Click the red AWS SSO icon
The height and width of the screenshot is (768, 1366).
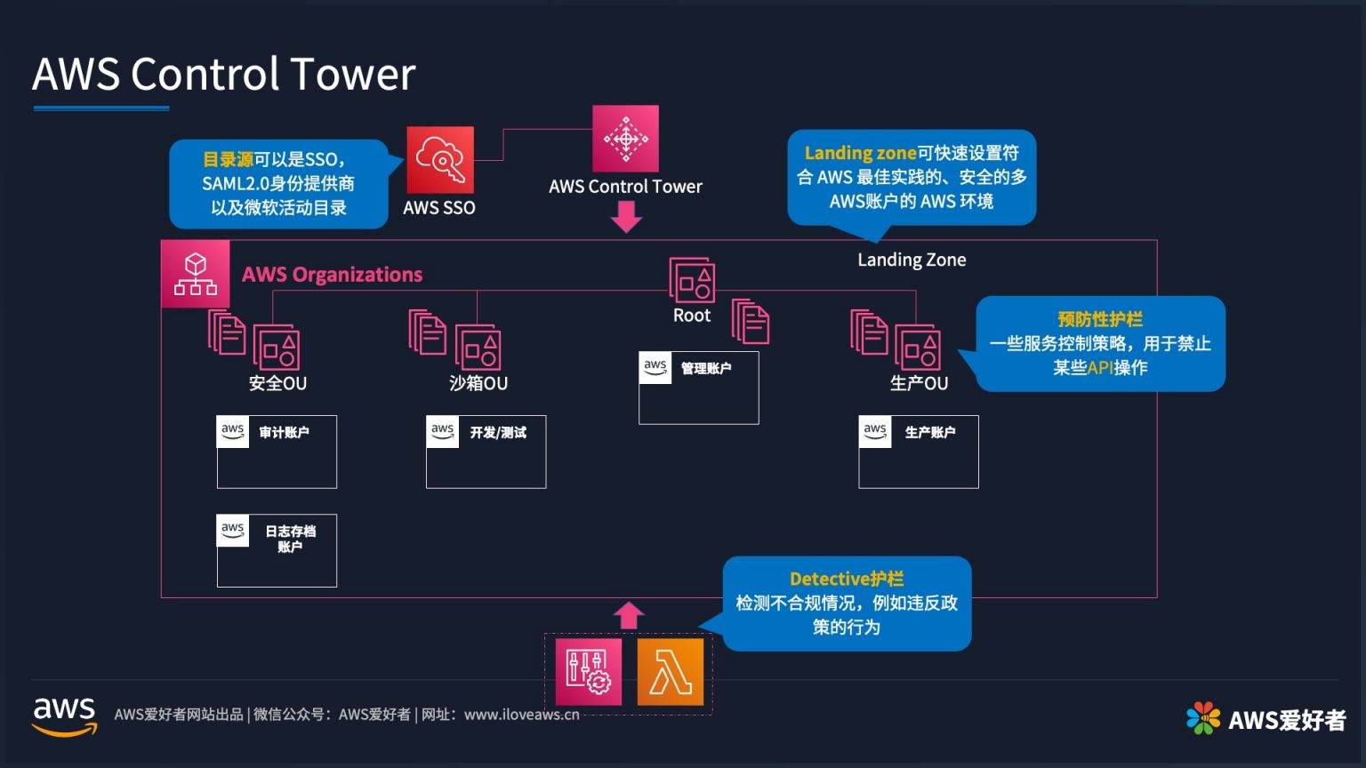tap(440, 160)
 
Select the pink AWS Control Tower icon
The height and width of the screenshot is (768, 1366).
tap(626, 139)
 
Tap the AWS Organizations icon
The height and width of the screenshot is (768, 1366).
tap(196, 274)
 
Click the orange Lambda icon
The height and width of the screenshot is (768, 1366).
tap(670, 672)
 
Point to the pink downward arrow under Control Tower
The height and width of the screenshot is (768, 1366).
tap(626, 216)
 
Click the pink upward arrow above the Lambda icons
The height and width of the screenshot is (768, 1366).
tap(628, 615)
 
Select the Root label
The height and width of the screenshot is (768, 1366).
tap(692, 316)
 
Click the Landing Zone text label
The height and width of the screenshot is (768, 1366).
tap(912, 260)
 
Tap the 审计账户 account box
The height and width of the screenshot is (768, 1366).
tap(277, 452)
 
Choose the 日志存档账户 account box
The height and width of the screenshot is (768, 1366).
tap(277, 550)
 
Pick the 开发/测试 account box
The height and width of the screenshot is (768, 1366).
tap(486, 452)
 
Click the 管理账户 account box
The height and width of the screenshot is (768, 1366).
tap(698, 388)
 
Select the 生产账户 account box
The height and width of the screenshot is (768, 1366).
tap(918, 452)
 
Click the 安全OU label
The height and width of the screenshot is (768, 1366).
tap(277, 383)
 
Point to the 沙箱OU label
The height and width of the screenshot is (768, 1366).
tap(478, 383)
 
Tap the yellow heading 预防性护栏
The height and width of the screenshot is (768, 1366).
tap(1100, 319)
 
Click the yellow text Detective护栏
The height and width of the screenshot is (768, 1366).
tap(847, 579)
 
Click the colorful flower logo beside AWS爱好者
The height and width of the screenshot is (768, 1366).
tap(1203, 718)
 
